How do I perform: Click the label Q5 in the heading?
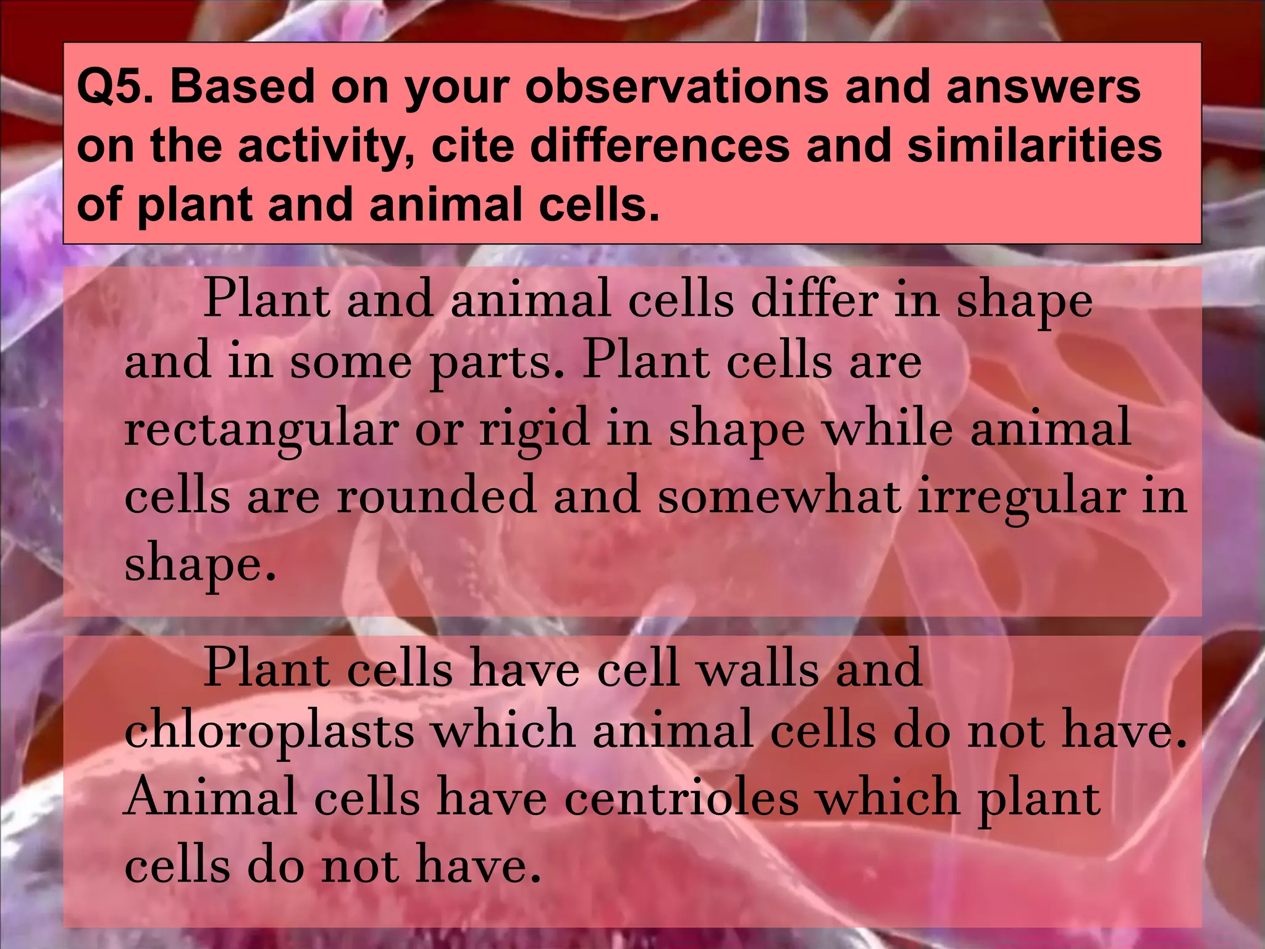pos(115,86)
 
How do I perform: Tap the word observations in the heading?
pos(677,86)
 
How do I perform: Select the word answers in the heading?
pos(1043,86)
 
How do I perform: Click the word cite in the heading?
pos(472,146)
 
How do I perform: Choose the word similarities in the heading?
pos(1035,146)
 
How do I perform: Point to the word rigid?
pos(534,429)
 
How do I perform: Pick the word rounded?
pos(436,496)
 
